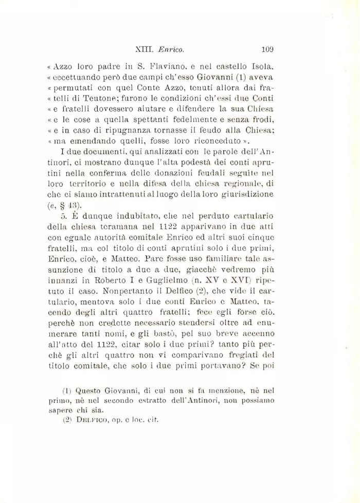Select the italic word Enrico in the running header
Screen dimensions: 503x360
coord(172,50)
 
